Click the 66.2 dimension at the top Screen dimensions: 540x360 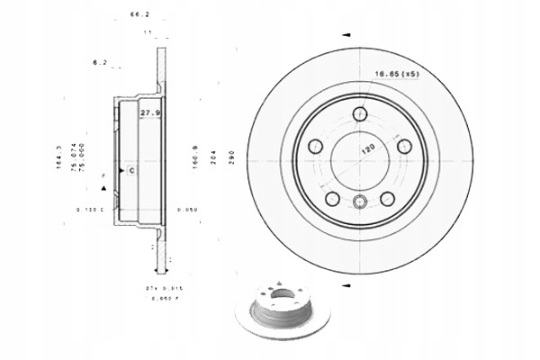(x=138, y=15)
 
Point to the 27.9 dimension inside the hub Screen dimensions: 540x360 (x=149, y=112)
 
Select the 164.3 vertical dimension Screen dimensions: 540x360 (x=60, y=157)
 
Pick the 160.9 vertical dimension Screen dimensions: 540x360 (x=193, y=158)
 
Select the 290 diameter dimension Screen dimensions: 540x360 (x=232, y=159)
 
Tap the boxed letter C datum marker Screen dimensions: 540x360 (x=130, y=169)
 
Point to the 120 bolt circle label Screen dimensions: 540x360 (x=369, y=148)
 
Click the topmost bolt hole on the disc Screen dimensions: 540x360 (x=360, y=114)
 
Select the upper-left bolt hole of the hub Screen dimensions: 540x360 (x=315, y=147)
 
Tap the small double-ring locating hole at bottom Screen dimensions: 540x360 (x=360, y=202)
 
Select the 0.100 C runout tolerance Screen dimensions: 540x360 (x=91, y=210)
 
